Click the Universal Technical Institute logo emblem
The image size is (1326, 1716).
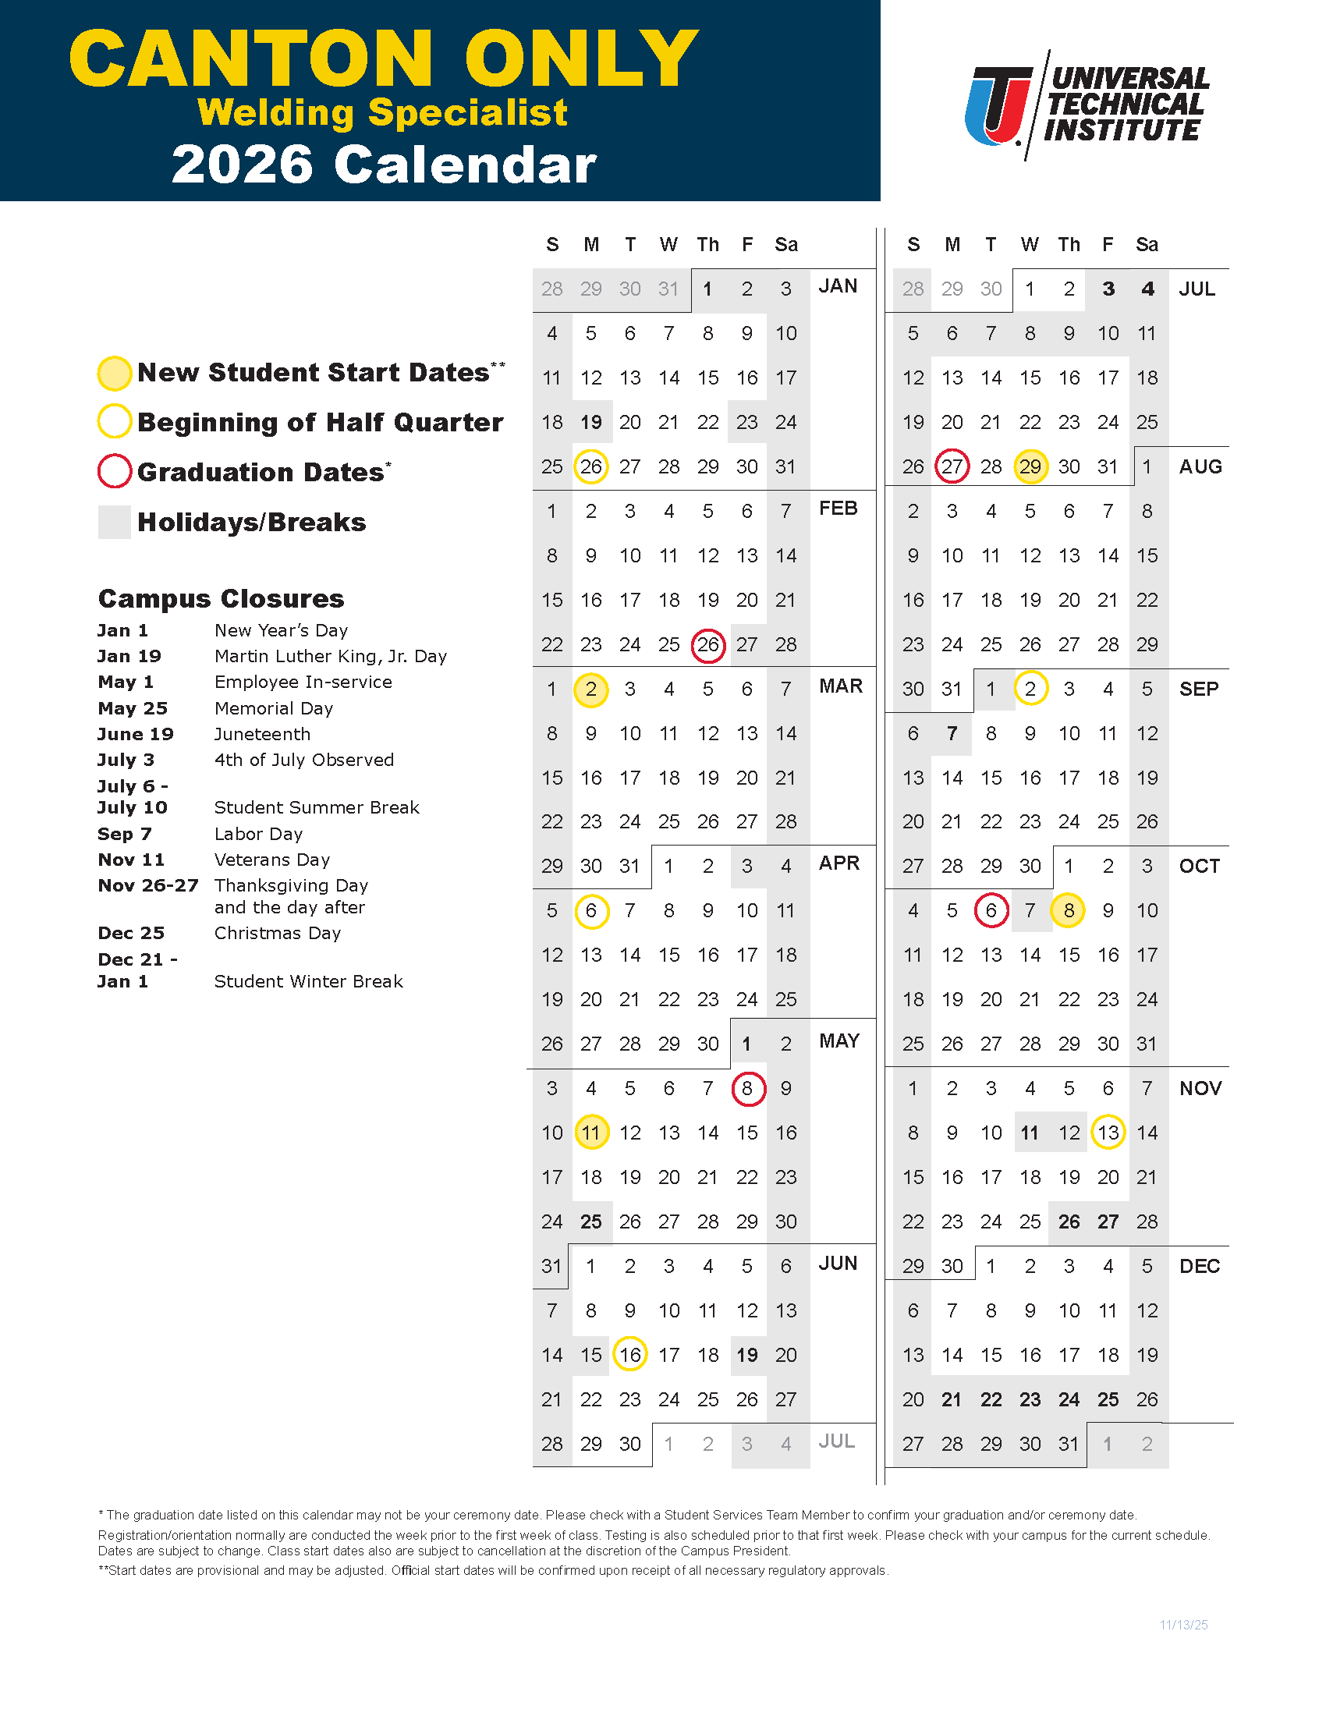pos(998,105)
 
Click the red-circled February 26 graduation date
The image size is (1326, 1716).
pos(707,645)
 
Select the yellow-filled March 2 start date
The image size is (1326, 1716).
pos(590,690)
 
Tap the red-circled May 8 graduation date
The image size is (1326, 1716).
pos(747,1089)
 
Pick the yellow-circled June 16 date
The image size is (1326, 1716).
pos(630,1356)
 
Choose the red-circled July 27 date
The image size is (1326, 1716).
pos(952,467)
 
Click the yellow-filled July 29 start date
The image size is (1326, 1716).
pos(1030,467)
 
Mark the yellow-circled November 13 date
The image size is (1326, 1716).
pos(1108,1133)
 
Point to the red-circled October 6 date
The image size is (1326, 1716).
pos(991,910)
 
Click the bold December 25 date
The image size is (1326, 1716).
pos(1108,1399)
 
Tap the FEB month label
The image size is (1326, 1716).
pos(838,509)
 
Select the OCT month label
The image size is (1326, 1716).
pos(1199,866)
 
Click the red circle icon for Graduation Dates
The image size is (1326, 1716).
pos(114,471)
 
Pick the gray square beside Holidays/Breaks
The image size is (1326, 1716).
pos(114,523)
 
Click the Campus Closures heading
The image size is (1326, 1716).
pos(221,599)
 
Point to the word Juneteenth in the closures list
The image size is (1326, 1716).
pos(262,734)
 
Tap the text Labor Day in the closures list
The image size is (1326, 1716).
pos(258,834)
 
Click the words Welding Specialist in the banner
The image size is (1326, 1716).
pos(381,112)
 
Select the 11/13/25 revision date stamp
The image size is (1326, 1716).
pos(1183,1625)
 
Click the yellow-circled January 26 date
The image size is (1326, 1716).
pos(590,467)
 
